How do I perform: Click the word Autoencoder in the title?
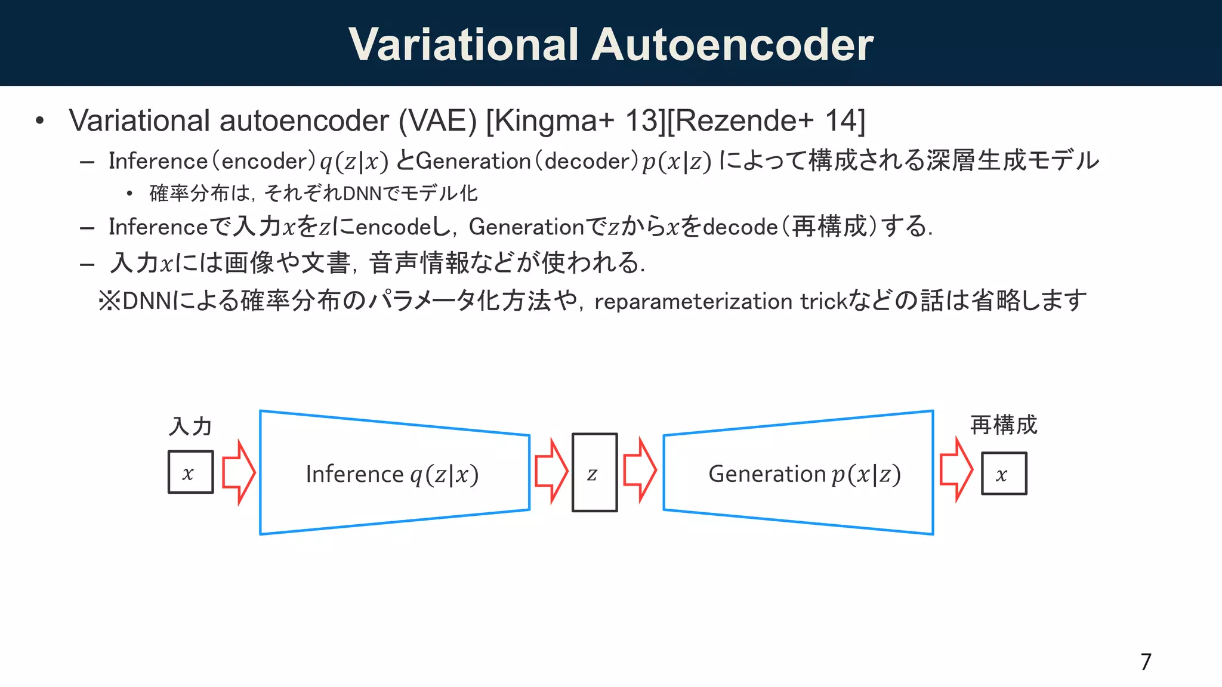pos(732,45)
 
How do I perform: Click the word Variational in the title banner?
pos(464,45)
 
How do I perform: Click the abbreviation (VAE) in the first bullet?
pos(437,121)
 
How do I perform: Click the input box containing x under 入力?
pos(190,472)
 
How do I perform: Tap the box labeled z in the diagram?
pos(594,472)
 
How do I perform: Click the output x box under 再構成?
pos(1004,474)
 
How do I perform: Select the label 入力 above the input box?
pos(190,426)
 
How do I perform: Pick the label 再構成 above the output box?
pos(1004,425)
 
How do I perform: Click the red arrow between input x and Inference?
pos(238,472)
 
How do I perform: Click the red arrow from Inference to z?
pos(551,471)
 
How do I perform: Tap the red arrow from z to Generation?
pos(640,470)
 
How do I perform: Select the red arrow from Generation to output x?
pos(956,470)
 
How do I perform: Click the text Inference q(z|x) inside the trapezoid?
pos(392,475)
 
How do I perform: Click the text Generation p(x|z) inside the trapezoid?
pos(804,475)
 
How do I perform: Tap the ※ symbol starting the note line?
pos(110,301)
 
